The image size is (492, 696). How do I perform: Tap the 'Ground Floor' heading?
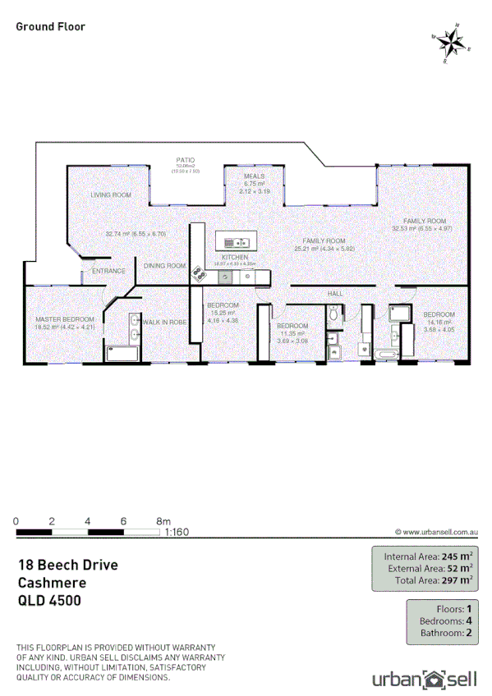50,26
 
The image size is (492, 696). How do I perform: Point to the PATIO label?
185,161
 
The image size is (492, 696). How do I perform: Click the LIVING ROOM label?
111,195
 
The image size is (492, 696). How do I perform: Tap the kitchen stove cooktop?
198,272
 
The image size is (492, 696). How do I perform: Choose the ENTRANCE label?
108,271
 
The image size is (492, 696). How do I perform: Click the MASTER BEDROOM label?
64,319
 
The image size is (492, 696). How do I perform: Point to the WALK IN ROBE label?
164,322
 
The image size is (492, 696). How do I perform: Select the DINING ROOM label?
165,266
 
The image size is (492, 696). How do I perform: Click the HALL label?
335,293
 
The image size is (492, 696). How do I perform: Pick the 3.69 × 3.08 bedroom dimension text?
293,340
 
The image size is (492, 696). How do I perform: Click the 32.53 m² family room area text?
423,228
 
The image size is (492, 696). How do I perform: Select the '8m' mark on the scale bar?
163,521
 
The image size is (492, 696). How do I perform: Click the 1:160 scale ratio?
177,532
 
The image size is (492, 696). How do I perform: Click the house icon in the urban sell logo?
432,678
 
